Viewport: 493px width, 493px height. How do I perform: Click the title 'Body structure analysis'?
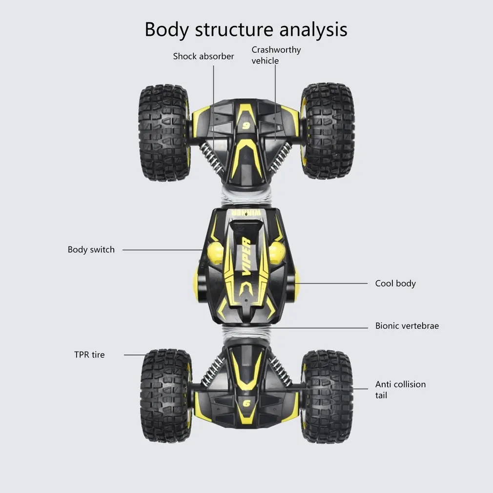pyautogui.click(x=246, y=29)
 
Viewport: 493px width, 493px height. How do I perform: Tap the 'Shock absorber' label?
pyautogui.click(x=204, y=57)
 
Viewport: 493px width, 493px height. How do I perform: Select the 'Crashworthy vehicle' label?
pyautogui.click(x=276, y=55)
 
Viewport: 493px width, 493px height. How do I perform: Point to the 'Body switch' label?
pyautogui.click(x=91, y=250)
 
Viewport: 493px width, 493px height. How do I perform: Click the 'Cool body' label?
pyautogui.click(x=395, y=284)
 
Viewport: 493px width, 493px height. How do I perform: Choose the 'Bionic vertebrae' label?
pyautogui.click(x=407, y=326)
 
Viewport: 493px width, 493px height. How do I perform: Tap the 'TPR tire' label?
pyautogui.click(x=89, y=355)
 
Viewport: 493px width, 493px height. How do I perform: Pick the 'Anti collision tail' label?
pyautogui.click(x=400, y=390)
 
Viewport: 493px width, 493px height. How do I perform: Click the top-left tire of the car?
pyautogui.click(x=164, y=132)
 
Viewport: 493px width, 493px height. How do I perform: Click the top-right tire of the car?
pyautogui.click(x=328, y=131)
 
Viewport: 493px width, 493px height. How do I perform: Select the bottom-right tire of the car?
pyautogui.click(x=327, y=396)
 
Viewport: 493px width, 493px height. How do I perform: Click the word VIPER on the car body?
pyautogui.click(x=246, y=257)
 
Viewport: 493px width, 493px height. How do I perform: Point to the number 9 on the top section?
pyautogui.click(x=246, y=125)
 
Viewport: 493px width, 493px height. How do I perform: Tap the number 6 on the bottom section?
pyautogui.click(x=246, y=403)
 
